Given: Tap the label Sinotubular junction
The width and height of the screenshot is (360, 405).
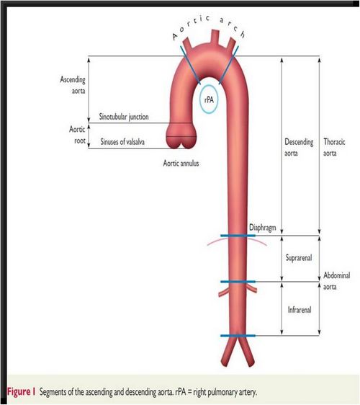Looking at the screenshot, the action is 124,117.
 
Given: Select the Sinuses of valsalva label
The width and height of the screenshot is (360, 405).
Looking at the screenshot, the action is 122,141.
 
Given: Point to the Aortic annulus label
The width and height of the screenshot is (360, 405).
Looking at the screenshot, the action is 181,164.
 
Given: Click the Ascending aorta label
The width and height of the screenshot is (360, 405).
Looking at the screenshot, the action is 73,85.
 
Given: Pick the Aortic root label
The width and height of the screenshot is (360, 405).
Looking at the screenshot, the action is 77,135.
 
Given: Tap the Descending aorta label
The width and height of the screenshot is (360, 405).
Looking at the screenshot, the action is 299,147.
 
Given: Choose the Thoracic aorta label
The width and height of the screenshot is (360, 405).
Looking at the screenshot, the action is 334,147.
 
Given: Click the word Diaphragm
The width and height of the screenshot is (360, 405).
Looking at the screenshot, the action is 263,228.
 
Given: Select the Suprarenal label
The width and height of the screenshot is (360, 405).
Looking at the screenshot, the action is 299,257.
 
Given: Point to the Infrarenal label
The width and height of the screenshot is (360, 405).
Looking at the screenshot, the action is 300,310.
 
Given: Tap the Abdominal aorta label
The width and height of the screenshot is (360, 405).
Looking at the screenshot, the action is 337,281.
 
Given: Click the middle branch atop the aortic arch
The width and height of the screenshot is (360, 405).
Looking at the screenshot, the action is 215,37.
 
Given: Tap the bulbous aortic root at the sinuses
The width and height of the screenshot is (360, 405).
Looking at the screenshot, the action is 181,136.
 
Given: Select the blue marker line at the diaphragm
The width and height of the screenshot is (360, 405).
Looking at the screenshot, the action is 238,236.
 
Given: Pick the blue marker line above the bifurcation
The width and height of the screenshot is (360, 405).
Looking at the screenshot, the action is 238,336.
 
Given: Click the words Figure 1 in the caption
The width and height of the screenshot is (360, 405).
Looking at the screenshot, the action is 21,391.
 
